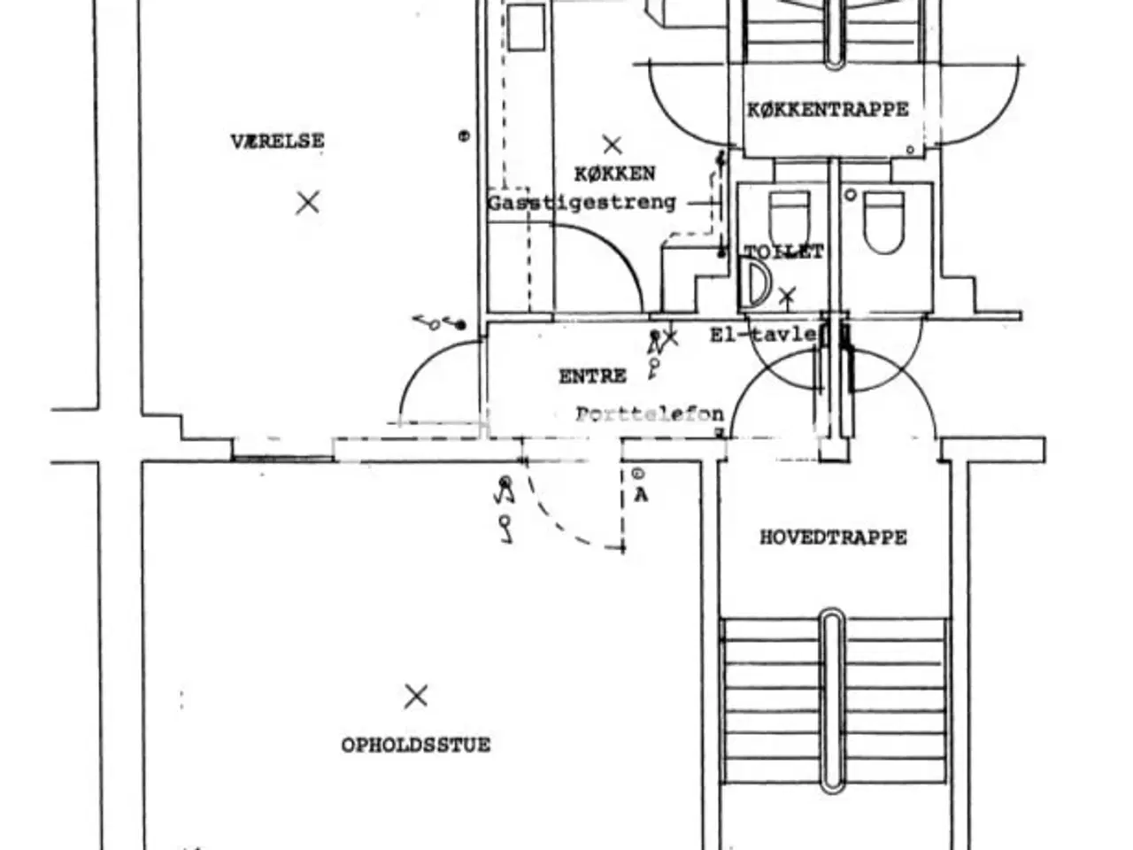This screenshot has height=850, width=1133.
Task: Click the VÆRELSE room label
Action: (x=277, y=141)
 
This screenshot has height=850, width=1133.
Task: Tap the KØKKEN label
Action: (x=614, y=174)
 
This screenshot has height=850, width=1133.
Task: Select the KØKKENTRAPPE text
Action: (x=828, y=110)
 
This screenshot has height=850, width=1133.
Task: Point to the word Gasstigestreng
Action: (x=582, y=203)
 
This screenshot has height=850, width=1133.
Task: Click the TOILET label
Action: (x=784, y=252)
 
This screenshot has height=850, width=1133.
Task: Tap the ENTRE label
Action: (x=592, y=376)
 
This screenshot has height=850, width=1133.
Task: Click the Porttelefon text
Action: (x=649, y=413)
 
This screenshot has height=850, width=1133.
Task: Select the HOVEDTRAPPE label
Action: (x=833, y=537)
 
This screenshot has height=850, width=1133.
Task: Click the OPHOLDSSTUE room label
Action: (x=415, y=745)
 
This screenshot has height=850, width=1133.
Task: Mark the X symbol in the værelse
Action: (x=307, y=203)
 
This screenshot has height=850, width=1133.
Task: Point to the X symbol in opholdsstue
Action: (x=415, y=696)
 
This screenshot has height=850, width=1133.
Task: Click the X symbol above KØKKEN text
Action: (x=612, y=144)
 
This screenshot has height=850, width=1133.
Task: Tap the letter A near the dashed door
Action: (x=640, y=495)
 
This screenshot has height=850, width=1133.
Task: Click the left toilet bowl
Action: (x=788, y=220)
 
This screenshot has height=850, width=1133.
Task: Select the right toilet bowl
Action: (x=883, y=221)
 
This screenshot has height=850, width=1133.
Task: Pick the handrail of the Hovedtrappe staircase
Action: (x=832, y=699)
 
